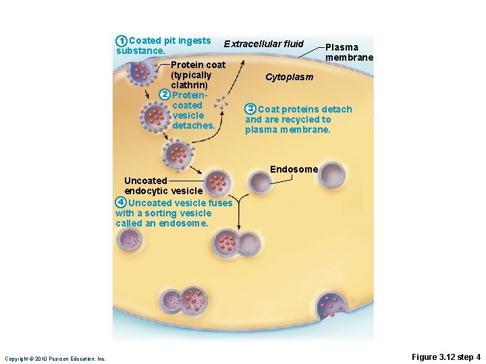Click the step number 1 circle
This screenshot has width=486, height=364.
pyautogui.click(x=121, y=40)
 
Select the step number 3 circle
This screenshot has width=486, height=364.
pyautogui.click(x=250, y=109)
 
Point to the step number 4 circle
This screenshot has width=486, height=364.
pyautogui.click(x=120, y=202)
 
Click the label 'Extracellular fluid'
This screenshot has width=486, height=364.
pyautogui.click(x=264, y=44)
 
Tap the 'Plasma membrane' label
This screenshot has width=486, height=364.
pyautogui.click(x=348, y=53)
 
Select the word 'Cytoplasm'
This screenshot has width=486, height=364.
pyautogui.click(x=289, y=77)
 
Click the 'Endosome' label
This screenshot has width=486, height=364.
pyautogui.click(x=294, y=169)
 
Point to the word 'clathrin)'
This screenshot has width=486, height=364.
pyautogui.click(x=190, y=86)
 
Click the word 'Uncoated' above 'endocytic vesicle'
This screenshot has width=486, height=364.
pyautogui.click(x=146, y=181)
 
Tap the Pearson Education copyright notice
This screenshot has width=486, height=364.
pyautogui.click(x=55, y=359)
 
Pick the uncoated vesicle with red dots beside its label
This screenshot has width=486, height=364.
pyautogui.click(x=218, y=181)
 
